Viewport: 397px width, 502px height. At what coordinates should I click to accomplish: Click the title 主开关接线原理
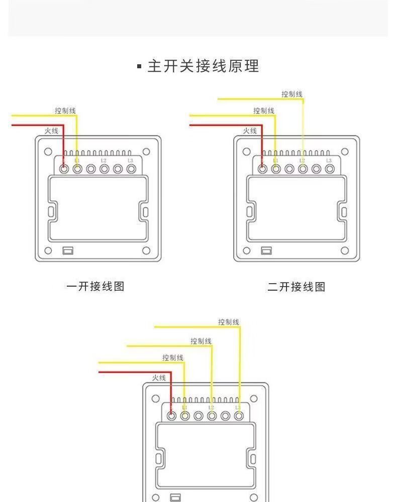coord(203,66)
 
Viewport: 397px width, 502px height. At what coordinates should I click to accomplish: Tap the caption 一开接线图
coord(95,287)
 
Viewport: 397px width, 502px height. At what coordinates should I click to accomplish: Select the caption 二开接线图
coord(296,287)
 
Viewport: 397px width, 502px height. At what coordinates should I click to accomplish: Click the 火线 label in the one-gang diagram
coord(51,131)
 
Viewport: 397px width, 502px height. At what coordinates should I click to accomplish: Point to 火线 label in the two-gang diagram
coord(250,131)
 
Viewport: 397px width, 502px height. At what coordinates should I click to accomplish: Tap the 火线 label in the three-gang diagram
coord(159,378)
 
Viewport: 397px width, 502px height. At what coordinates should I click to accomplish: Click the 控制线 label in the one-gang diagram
coord(66,110)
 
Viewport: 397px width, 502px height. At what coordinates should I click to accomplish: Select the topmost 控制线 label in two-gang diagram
coord(292,94)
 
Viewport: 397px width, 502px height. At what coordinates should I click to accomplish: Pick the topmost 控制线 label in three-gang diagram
coord(229,322)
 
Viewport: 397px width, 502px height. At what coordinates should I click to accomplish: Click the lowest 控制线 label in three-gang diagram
coord(173,357)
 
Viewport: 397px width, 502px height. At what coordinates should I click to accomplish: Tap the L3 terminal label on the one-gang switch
coord(131,160)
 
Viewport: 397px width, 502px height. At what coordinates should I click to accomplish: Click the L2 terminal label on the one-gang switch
coord(104,160)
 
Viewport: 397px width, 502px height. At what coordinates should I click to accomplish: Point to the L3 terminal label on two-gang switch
coord(329,160)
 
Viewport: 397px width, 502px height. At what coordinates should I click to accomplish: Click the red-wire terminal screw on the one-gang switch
coord(64,169)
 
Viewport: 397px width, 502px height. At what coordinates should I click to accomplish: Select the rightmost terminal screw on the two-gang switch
coord(330,169)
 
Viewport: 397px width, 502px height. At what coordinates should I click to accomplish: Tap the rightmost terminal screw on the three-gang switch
coord(239,416)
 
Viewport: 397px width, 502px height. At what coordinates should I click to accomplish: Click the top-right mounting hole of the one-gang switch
coord(146,152)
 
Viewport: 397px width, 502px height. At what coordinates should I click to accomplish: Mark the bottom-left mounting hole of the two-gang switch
coord(246,250)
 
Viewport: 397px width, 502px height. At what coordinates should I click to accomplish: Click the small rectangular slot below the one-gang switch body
coord(68,250)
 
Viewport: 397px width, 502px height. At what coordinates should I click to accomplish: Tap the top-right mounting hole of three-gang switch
coord(254,398)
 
